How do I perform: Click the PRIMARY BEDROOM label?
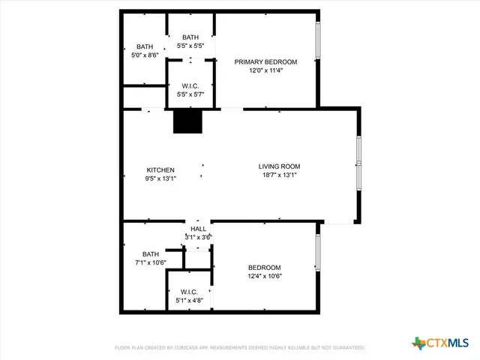pyautogui.click(x=265, y=62)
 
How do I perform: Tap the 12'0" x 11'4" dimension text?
pyautogui.click(x=265, y=71)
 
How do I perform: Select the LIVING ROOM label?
pyautogui.click(x=279, y=166)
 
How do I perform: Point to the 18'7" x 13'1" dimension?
pyautogui.click(x=279, y=175)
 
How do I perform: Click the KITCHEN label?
pyautogui.click(x=160, y=170)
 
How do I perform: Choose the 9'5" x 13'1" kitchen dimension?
pyautogui.click(x=160, y=179)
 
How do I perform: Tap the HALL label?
pyautogui.click(x=198, y=229)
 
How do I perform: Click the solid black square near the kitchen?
pyautogui.click(x=187, y=122)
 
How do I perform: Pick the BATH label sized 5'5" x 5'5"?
pyautogui.click(x=190, y=37)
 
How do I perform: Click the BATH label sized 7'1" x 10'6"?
pyautogui.click(x=151, y=254)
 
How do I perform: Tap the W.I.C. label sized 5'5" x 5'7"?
pyautogui.click(x=190, y=86)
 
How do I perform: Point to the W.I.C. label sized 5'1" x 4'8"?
pyautogui.click(x=189, y=292)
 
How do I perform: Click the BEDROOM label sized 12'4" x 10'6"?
pyautogui.click(x=265, y=268)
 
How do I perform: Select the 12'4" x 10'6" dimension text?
pyautogui.click(x=265, y=276)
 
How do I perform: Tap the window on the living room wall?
pyautogui.click(x=359, y=162)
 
